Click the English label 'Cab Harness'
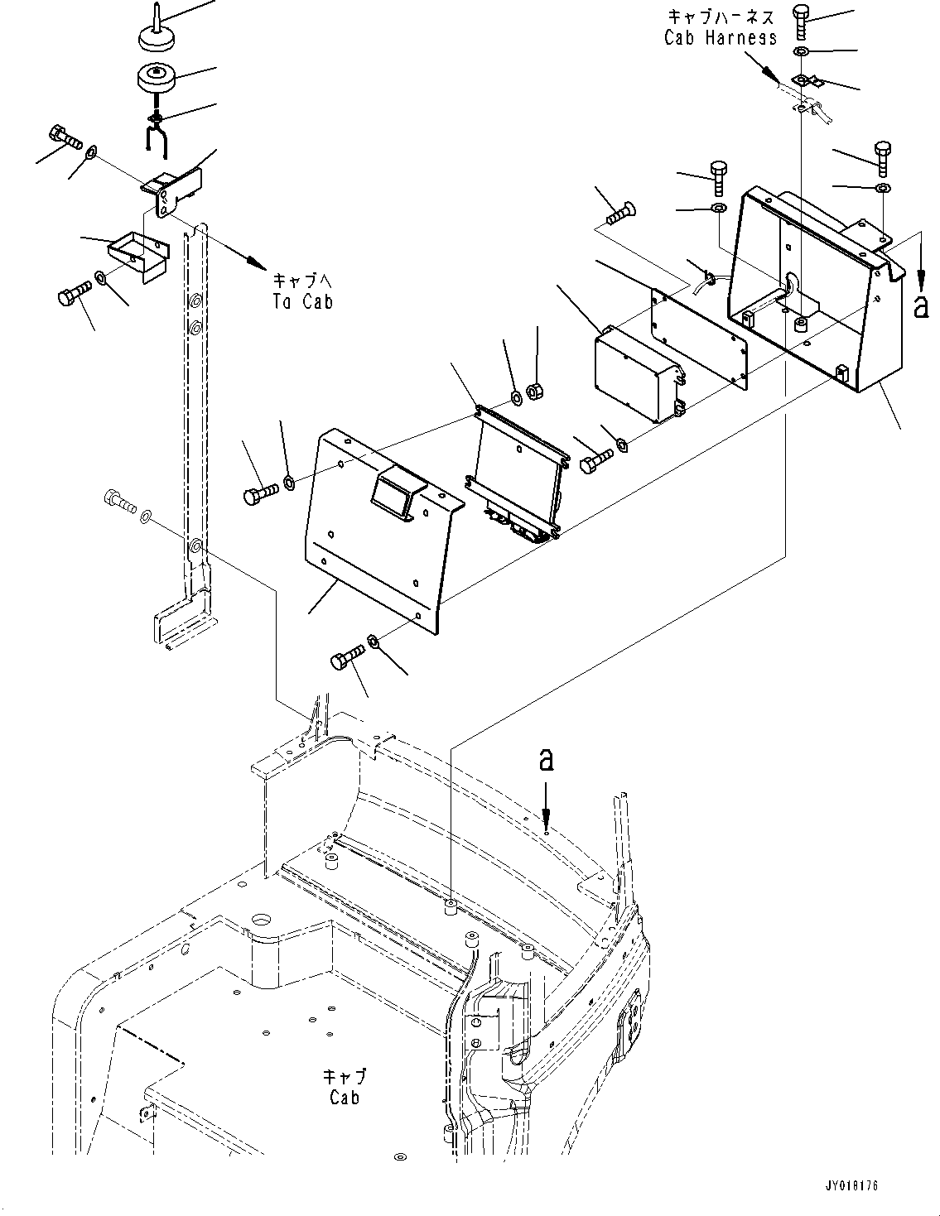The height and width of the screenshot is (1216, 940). [x=721, y=37]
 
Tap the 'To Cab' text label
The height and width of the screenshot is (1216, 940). [x=303, y=301]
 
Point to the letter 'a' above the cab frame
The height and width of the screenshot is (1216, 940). [x=546, y=759]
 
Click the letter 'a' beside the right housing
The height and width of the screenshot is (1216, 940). [x=920, y=306]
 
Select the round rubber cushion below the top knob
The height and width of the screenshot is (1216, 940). [x=156, y=81]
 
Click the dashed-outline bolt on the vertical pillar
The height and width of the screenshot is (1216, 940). [x=120, y=500]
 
